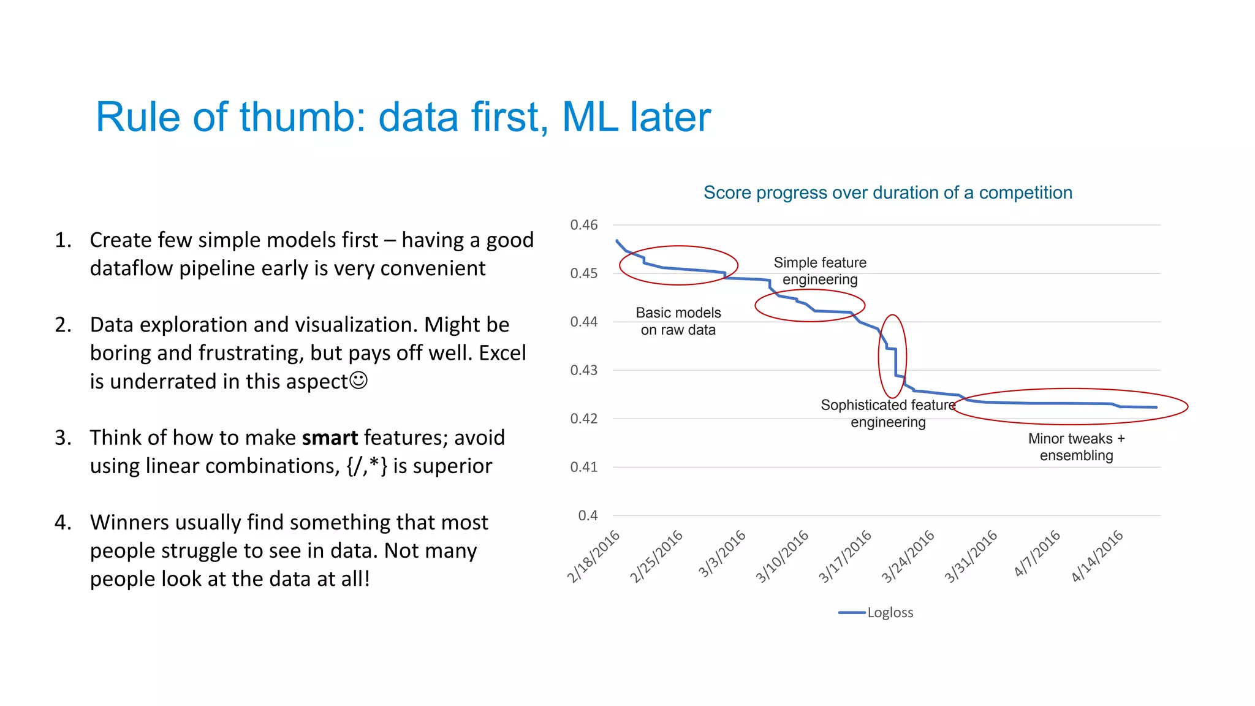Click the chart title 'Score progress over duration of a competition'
tap(887, 192)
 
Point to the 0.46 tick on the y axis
tap(583, 225)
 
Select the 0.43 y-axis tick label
tap(583, 370)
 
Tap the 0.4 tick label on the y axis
tap(587, 515)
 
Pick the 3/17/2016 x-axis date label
tap(846, 556)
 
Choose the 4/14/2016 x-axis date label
tap(1098, 556)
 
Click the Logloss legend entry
tap(876, 612)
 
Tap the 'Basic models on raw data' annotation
tap(678, 321)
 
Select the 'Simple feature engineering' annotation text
tap(820, 271)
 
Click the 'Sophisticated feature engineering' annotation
tap(887, 414)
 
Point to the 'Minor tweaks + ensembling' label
tap(1076, 447)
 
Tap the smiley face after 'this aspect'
tap(358, 381)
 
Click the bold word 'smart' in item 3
tap(330, 438)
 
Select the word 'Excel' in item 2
tap(502, 353)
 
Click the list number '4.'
tap(63, 522)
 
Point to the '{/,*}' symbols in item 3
tap(366, 466)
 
